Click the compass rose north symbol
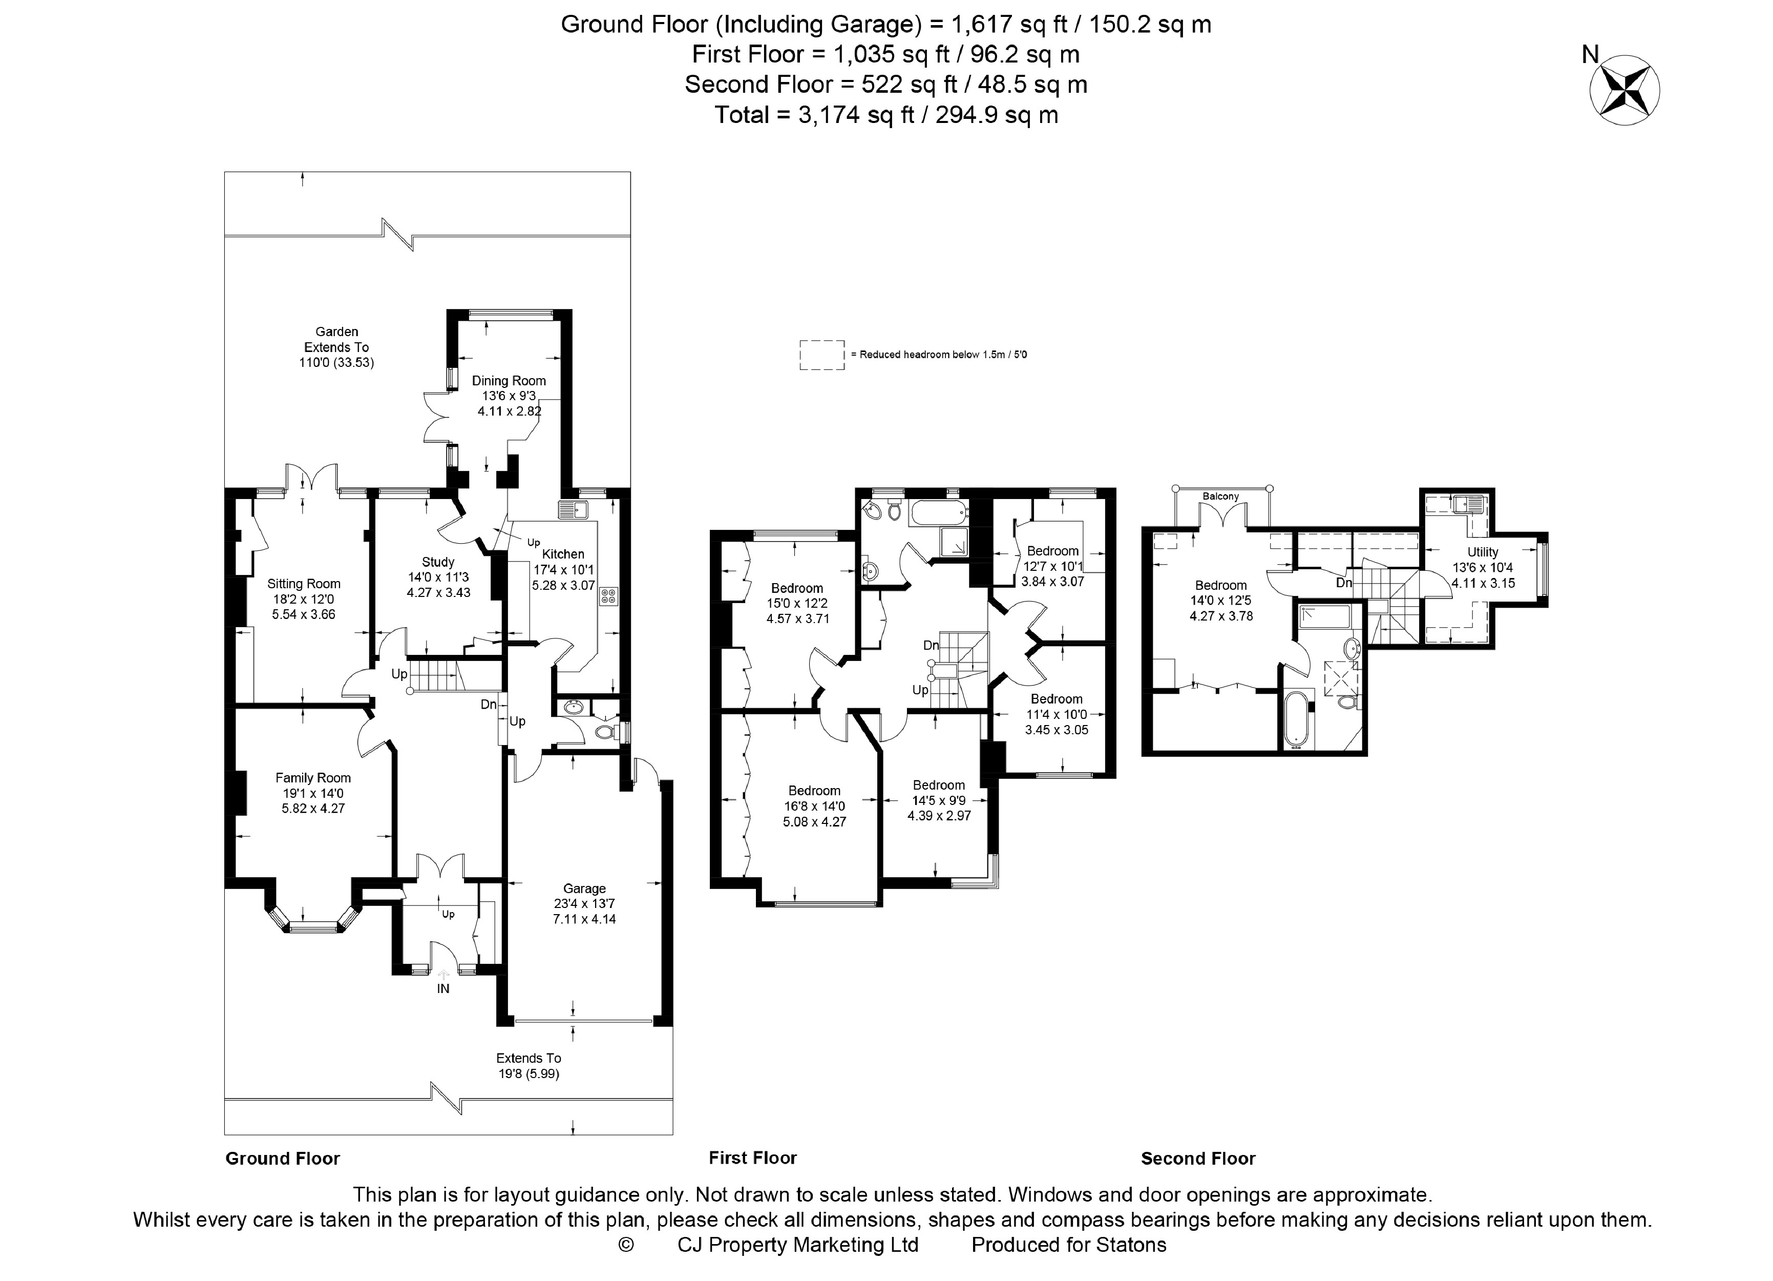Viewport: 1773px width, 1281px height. click(1624, 89)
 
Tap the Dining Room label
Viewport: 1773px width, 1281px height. click(509, 381)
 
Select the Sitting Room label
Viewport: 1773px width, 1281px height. click(304, 584)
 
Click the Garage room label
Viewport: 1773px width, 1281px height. click(585, 889)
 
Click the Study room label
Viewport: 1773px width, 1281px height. click(438, 562)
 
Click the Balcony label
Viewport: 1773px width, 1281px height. click(1221, 497)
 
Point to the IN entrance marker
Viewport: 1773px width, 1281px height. click(444, 988)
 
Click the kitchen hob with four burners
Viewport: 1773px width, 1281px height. click(608, 597)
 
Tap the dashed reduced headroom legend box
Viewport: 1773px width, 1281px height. click(821, 354)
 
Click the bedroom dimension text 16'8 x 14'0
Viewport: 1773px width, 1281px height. click(815, 807)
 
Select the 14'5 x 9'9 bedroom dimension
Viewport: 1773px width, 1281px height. click(939, 800)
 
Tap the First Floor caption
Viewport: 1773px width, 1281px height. click(753, 1158)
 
